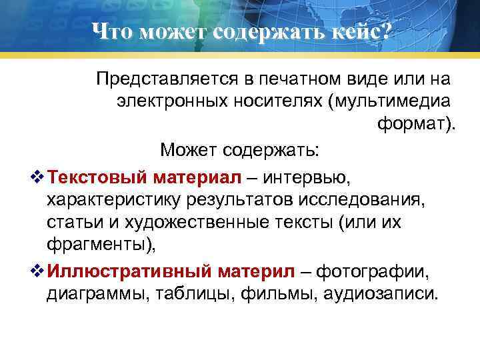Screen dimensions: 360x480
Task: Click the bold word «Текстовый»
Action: (x=99, y=178)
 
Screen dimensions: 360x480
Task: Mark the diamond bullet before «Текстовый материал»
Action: (x=37, y=178)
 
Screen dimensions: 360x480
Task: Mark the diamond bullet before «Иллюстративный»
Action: (x=37, y=271)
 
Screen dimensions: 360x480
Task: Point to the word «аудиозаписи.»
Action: (x=379, y=293)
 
